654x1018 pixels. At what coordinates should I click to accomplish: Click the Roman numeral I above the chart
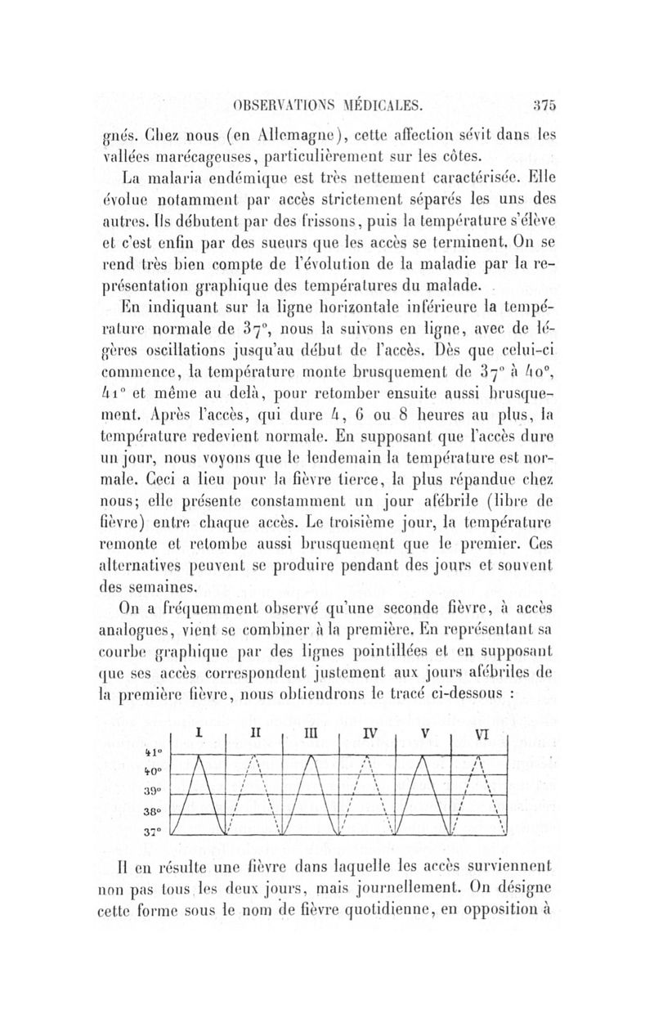pos(199,733)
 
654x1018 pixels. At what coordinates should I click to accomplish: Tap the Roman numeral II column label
pos(253,733)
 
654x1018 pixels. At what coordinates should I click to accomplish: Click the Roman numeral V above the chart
pos(423,734)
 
